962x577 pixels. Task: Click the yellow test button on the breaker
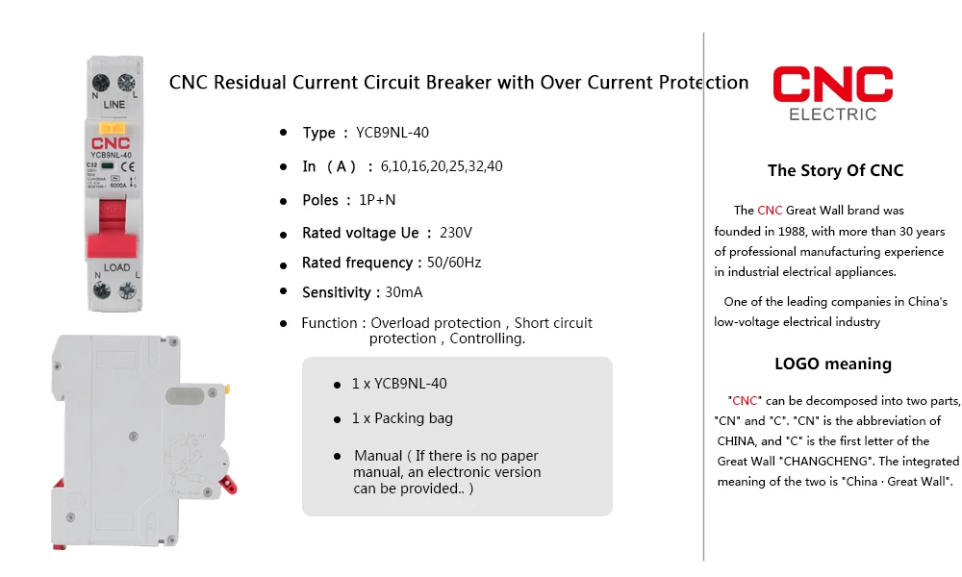coord(113,127)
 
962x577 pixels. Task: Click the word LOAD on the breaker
coord(116,267)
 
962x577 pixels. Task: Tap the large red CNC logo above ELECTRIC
coord(832,85)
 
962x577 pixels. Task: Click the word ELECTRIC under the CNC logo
coord(832,114)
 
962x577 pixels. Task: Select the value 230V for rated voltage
coord(456,233)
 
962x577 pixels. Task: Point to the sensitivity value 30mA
coord(403,292)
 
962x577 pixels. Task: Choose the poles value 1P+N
coord(378,200)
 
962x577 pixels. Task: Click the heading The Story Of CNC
coord(835,171)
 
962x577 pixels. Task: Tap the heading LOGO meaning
coord(833,364)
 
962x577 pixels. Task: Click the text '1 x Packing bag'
coord(402,418)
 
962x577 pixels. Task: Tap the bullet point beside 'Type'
coord(283,133)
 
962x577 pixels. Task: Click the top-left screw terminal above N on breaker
coord(99,81)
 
